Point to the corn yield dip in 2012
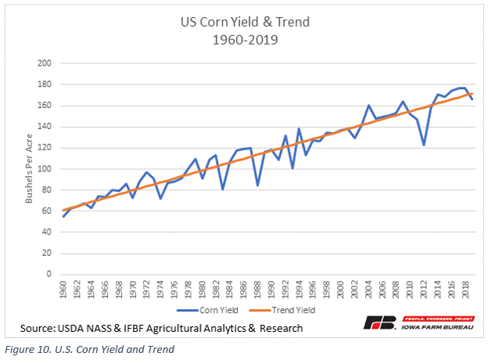[423, 145]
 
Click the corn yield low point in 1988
[257, 185]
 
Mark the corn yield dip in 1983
[223, 189]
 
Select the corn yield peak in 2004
[368, 106]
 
